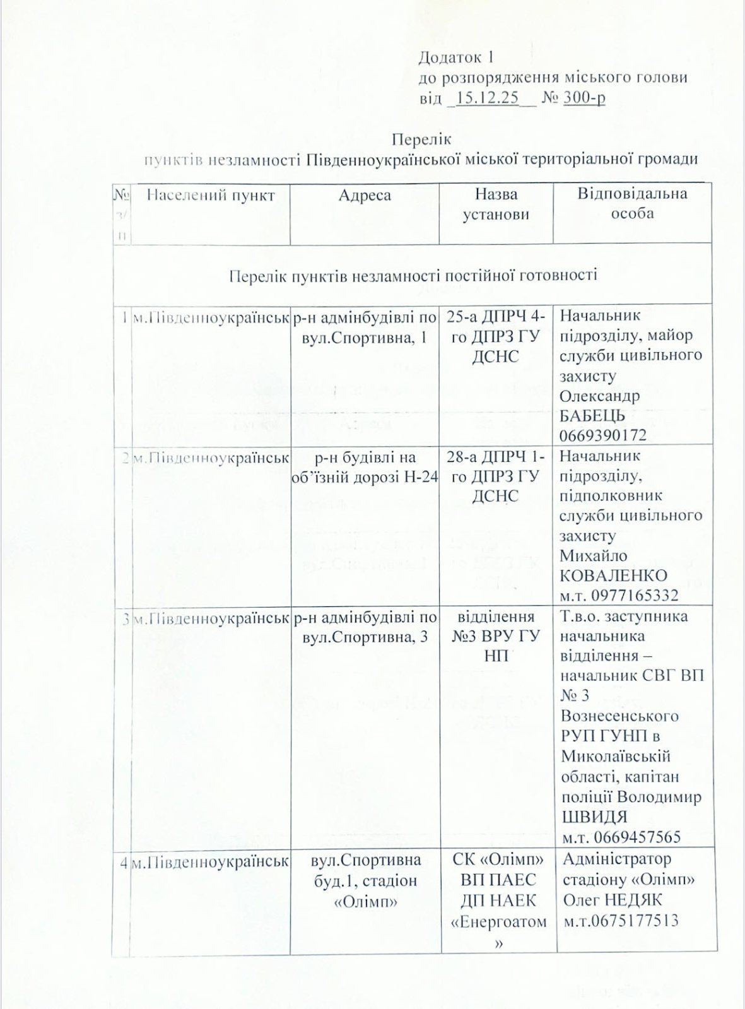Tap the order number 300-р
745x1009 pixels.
pyautogui.click(x=584, y=98)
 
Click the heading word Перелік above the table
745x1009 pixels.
pyautogui.click(x=421, y=138)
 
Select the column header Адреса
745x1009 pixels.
pyautogui.click(x=365, y=195)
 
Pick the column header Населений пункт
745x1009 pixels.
pyautogui.click(x=211, y=195)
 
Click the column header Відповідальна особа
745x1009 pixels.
pyautogui.click(x=632, y=203)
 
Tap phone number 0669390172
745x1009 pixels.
pyautogui.click(x=602, y=435)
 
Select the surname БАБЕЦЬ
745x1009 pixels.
pyautogui.click(x=592, y=415)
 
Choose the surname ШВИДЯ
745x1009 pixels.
pyautogui.click(x=594, y=817)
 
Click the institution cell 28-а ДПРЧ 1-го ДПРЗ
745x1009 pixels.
pyautogui.click(x=496, y=476)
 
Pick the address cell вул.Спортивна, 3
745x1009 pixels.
pyautogui.click(x=365, y=637)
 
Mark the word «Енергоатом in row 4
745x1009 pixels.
pyautogui.click(x=499, y=922)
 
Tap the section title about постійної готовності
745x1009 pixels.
pyautogui.click(x=413, y=275)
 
